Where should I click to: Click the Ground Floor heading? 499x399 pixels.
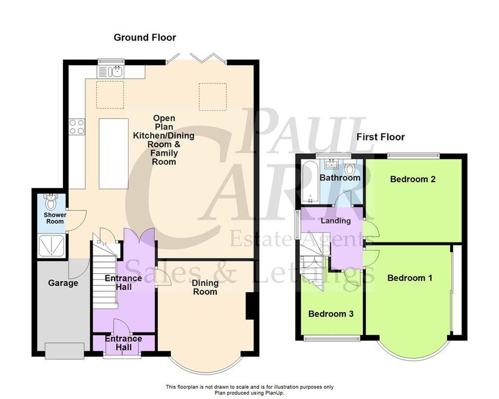pos(145,38)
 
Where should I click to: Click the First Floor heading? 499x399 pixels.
pos(381,137)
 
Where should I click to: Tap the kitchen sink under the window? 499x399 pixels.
pos(117,71)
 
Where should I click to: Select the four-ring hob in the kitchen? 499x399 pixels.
pos(77,126)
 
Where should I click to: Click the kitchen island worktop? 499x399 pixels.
pos(114,153)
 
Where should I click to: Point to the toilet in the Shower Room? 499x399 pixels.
pos(51,202)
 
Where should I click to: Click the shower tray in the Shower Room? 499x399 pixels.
pos(51,246)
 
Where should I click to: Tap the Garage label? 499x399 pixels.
pos(63,283)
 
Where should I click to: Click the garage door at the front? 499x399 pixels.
pos(65,350)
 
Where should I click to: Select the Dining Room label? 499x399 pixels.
pos(205,287)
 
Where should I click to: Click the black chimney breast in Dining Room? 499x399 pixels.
pos(250,306)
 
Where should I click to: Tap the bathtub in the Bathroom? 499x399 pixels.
pos(308,182)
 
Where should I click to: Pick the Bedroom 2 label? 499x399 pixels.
pos(413,179)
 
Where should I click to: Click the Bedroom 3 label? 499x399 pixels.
pos(331,314)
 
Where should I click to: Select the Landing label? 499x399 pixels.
pos(336,221)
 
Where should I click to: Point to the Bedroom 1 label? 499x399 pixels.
pos(410,278)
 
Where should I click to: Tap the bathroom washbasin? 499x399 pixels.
pos(333,164)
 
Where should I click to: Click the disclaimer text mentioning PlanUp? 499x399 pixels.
pos(249,390)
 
